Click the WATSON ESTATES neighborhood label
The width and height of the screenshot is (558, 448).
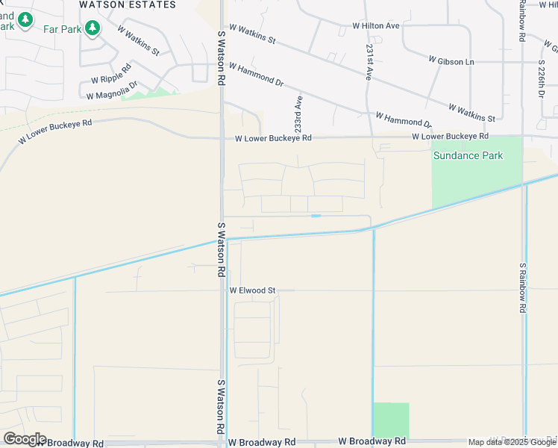(128, 4)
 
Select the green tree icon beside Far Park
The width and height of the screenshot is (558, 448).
(92, 29)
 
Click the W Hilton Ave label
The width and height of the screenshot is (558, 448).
(376, 25)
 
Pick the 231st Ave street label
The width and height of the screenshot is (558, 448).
(369, 62)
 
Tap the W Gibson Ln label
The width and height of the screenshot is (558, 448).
(451, 60)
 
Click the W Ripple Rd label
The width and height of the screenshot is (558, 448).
(110, 78)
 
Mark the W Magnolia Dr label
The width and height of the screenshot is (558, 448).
(112, 90)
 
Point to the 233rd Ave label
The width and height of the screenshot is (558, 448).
(298, 113)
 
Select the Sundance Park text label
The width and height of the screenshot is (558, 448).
(468, 156)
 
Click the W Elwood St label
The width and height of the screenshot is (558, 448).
(252, 290)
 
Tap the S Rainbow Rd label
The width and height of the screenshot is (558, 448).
(524, 287)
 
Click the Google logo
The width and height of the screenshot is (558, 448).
(24, 439)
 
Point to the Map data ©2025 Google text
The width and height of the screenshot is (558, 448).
(511, 442)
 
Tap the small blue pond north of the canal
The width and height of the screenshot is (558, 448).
(316, 216)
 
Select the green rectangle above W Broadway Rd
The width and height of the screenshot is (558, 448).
(391, 420)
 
